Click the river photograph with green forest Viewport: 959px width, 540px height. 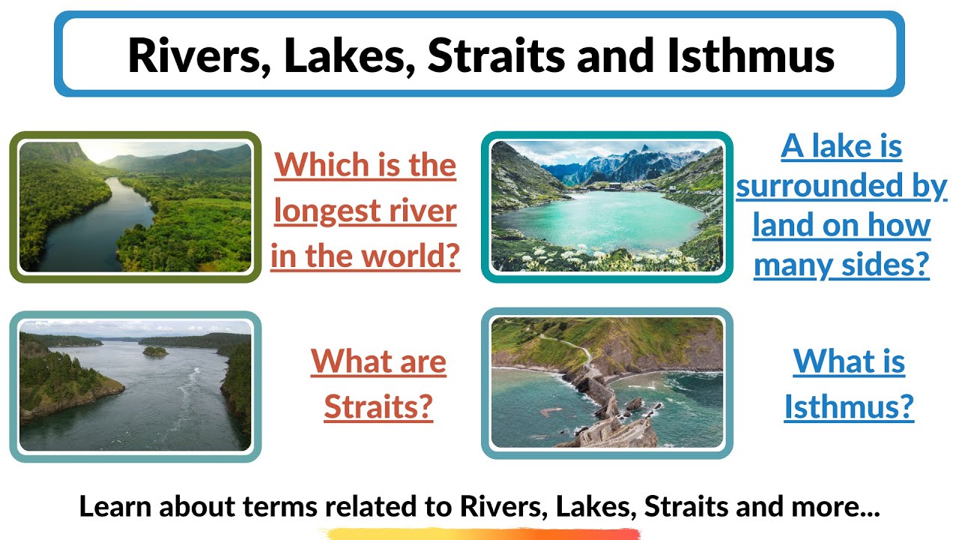[136, 207]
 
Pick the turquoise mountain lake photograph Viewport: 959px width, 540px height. [606, 207]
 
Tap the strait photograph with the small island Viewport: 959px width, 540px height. [136, 385]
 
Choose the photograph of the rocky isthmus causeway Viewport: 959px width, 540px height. [606, 382]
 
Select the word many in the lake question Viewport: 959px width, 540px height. [790, 264]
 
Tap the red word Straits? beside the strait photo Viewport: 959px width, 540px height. [378, 407]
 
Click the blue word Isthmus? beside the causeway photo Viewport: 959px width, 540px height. [849, 407]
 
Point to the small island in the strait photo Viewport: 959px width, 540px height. [155, 350]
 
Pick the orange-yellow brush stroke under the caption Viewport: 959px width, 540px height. [479, 533]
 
